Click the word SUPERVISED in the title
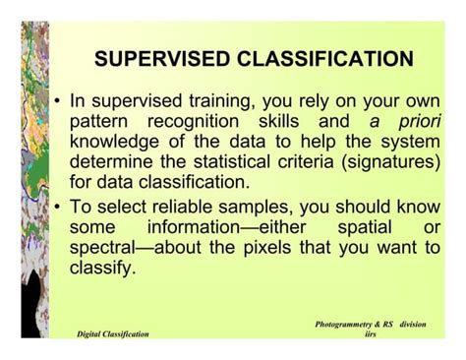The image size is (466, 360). pos(164,60)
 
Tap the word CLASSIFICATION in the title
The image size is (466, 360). pos(325,60)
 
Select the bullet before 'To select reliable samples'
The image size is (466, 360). pos(59,206)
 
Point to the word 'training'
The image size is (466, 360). pos(230,102)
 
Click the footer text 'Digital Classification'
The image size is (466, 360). pos(113,334)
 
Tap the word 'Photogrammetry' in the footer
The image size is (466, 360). pos(349,323)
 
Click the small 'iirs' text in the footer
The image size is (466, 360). pos(370,334)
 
